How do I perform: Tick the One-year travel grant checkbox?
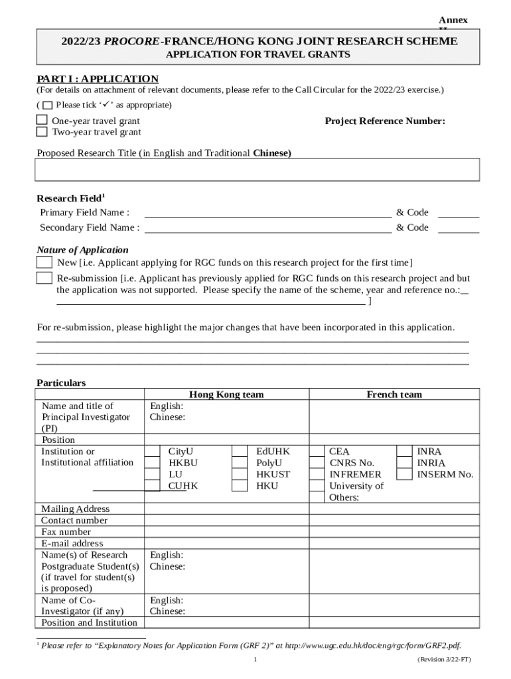[42, 121]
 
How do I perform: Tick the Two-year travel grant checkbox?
[42, 131]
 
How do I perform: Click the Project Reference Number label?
[384, 121]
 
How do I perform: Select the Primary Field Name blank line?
[267, 213]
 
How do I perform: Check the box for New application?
[44, 263]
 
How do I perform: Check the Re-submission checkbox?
[44, 278]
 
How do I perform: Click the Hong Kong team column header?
[226, 395]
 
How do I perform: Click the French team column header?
[394, 395]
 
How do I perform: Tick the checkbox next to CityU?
[153, 452]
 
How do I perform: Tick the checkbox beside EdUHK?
[240, 452]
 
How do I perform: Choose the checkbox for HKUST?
[240, 474]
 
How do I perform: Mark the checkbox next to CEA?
[317, 452]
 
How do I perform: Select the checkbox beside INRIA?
[403, 463]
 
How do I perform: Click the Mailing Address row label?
[76, 509]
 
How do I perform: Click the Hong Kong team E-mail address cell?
[226, 544]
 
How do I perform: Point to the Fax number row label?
[66, 532]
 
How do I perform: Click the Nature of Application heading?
[82, 250]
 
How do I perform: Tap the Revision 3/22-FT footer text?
[444, 660]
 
